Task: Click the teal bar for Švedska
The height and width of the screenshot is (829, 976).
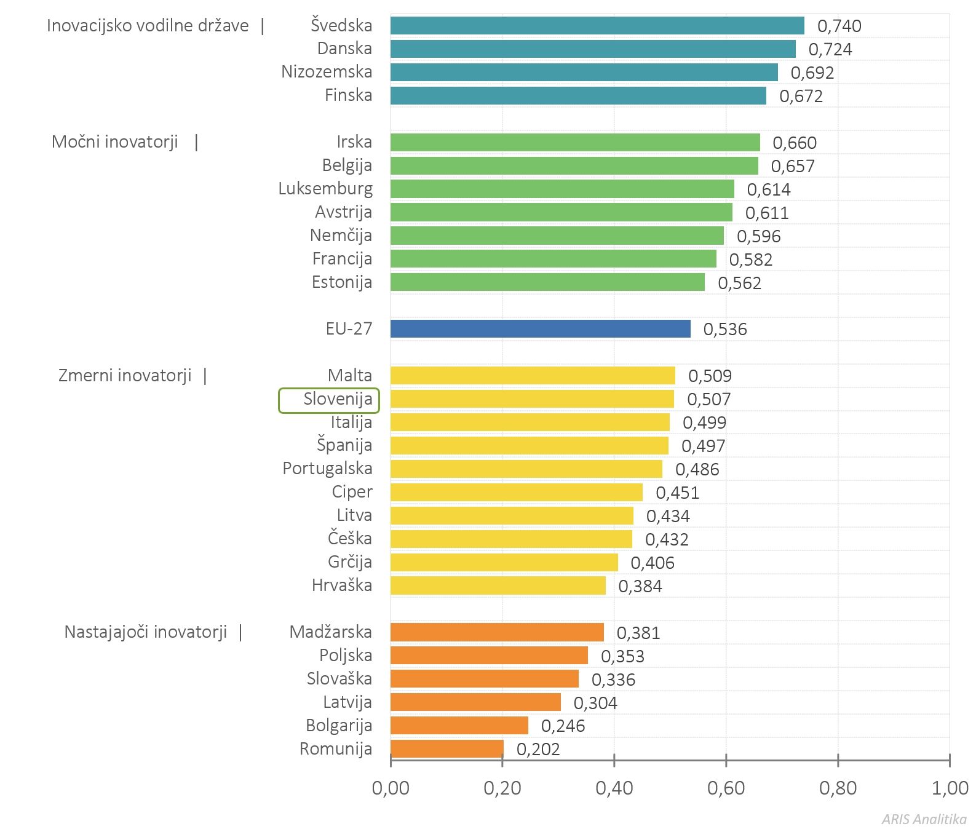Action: (597, 25)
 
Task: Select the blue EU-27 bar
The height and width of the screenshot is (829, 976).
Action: (541, 328)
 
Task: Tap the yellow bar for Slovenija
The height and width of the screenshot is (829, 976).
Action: (532, 399)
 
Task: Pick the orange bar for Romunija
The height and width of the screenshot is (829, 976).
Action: (447, 748)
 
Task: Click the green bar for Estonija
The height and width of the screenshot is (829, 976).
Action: (547, 282)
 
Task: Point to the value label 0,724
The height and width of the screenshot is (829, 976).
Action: (830, 49)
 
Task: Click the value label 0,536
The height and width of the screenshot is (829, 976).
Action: (725, 329)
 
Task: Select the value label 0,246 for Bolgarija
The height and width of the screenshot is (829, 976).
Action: (563, 726)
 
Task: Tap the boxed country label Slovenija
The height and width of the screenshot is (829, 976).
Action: (329, 400)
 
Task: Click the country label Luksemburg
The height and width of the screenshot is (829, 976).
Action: (325, 188)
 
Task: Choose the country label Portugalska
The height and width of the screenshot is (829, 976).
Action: (327, 469)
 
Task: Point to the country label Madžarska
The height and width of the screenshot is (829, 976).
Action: (331, 632)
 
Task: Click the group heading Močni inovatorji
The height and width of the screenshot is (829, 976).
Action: (115, 142)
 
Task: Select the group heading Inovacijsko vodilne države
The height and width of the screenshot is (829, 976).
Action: (148, 26)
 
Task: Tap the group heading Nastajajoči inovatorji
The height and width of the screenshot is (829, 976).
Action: (146, 632)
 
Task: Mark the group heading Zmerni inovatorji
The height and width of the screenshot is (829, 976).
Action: (125, 375)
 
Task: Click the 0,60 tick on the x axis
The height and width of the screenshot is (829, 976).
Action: (726, 760)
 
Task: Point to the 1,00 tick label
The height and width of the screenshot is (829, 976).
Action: (950, 788)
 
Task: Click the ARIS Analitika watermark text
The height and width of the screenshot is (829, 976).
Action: (924, 819)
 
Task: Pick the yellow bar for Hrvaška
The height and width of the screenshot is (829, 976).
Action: (498, 585)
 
